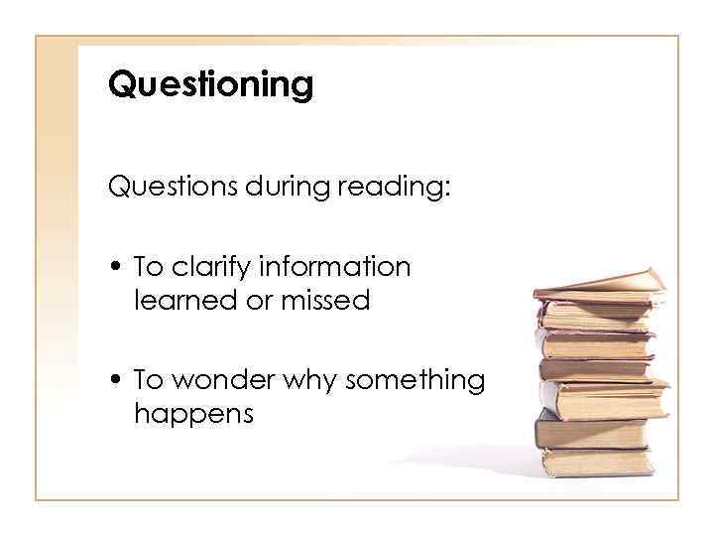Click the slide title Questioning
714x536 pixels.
pos(210,85)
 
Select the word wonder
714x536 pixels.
pos(227,380)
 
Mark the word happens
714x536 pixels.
pos(193,414)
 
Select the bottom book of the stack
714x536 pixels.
pos(596,462)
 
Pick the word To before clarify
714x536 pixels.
pos(149,267)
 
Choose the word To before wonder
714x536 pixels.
pos(149,380)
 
